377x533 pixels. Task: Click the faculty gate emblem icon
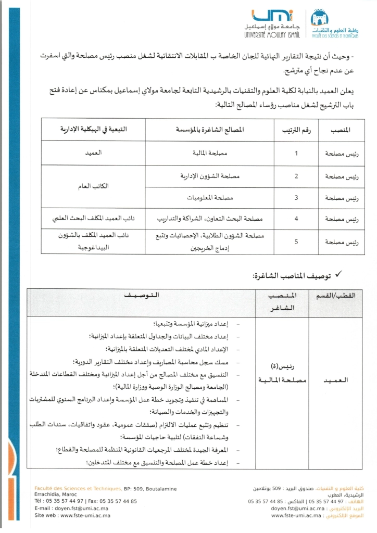pos(319,18)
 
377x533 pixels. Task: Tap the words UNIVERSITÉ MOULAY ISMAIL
pos(268,35)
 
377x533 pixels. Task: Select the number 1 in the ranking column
pos(296,154)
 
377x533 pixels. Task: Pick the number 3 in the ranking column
pos(296,198)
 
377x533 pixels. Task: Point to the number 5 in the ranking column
pos(296,242)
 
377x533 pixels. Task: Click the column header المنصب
pos(341,130)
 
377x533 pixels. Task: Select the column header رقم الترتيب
pos(296,130)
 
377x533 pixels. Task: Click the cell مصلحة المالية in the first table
pos(210,154)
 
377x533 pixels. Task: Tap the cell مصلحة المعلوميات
pos(210,198)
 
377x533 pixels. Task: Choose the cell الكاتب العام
pos(93,186)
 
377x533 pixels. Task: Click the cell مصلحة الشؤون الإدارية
pos(210,176)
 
